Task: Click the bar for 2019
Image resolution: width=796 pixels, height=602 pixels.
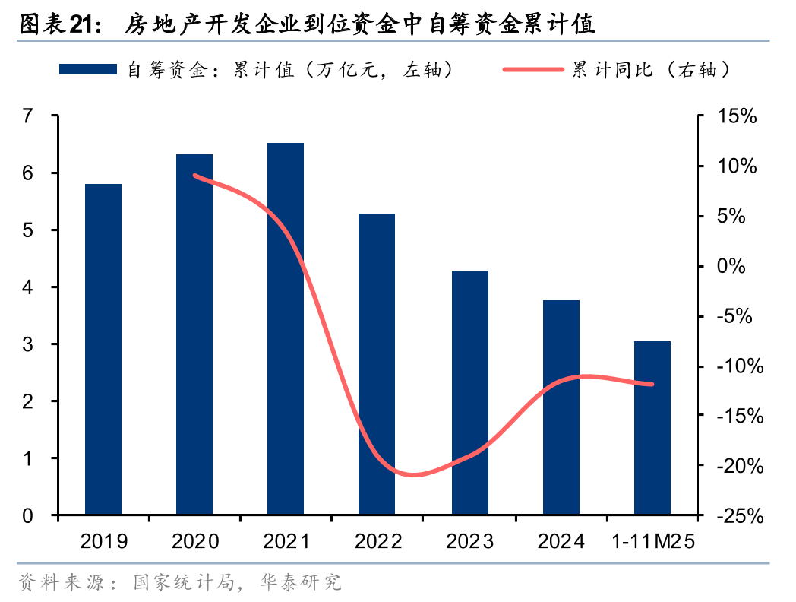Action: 103,349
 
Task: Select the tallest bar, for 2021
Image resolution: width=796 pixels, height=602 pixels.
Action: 286,328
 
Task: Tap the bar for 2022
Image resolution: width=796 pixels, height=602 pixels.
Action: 377,364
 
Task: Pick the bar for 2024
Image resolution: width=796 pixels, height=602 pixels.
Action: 561,407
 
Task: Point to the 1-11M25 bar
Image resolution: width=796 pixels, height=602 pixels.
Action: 652,428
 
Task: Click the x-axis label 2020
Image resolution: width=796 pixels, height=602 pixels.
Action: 195,541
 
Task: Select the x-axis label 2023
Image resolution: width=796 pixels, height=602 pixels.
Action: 469,541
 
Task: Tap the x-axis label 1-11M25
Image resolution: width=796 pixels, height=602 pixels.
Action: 652,541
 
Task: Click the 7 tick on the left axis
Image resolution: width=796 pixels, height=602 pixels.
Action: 28,116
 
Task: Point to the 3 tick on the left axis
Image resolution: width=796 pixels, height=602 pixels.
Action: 28,344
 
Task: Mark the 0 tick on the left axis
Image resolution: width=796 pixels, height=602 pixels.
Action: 28,515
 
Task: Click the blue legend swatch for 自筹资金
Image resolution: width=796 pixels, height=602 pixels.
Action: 88,69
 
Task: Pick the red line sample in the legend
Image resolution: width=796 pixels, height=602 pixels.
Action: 533,69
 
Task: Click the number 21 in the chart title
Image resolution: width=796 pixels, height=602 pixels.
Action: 82,26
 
